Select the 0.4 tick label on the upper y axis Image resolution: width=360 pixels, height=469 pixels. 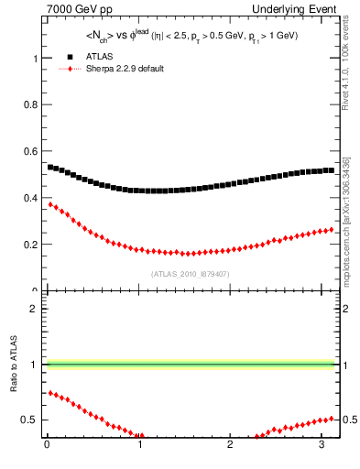32,198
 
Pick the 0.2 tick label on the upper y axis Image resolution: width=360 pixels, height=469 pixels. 32,245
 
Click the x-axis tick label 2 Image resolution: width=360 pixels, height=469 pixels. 231,446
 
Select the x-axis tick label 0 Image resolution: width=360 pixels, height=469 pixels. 47,446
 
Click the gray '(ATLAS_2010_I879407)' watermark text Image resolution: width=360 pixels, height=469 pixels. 191,274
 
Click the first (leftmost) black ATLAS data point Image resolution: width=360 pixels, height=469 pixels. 50,167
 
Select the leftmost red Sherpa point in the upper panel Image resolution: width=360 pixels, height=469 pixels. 50,203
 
